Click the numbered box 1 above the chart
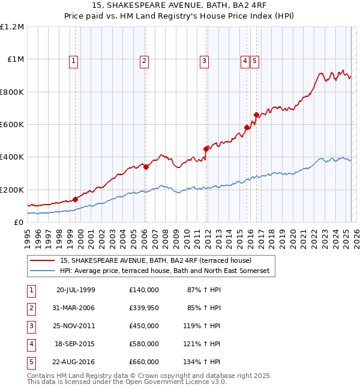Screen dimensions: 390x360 pos(73,60)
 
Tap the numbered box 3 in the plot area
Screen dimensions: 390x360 pos(204,60)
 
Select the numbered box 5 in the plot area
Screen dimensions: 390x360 pos(255,60)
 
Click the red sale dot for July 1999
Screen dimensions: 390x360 pos(76,199)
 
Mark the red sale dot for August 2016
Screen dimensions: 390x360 pos(256,115)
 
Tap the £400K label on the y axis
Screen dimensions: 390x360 pos(12,157)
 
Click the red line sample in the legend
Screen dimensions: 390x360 pos(42,260)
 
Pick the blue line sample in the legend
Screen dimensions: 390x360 pos(42,271)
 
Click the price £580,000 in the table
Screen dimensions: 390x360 pos(144,344)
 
